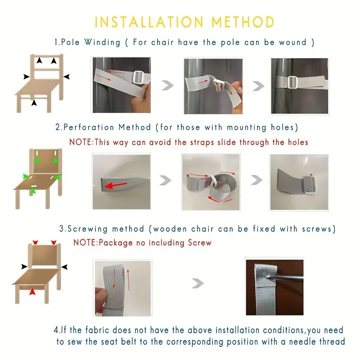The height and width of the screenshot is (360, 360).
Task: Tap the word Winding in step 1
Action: pyautogui.click(x=102, y=43)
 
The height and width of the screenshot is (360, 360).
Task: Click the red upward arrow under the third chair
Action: pyautogui.click(x=32, y=292)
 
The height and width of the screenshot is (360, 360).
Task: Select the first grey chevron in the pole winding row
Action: pyautogui.click(x=167, y=85)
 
